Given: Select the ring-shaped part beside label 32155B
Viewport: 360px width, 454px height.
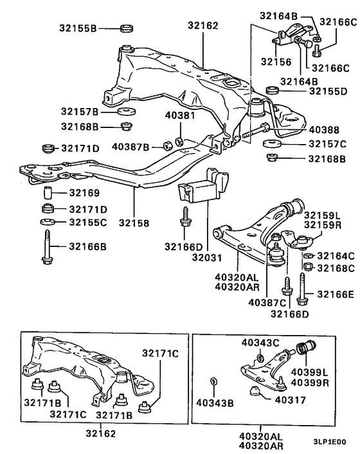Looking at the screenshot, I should point(127,28).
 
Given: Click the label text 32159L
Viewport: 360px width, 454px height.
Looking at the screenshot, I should point(325,215).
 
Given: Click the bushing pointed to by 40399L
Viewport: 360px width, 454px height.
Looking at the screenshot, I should point(308,348).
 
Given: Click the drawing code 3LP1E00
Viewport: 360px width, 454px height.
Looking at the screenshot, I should point(329,442).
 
